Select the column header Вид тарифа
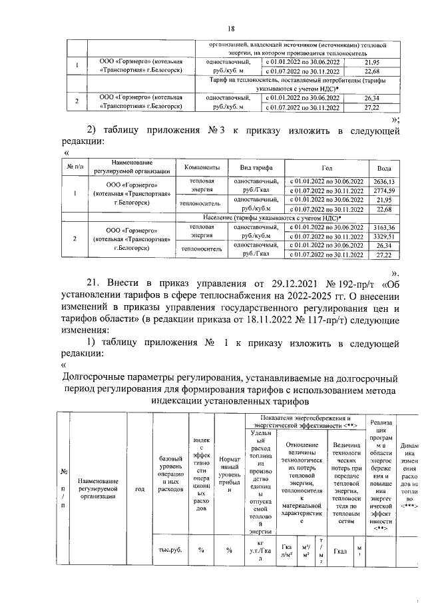[x=247, y=167]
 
